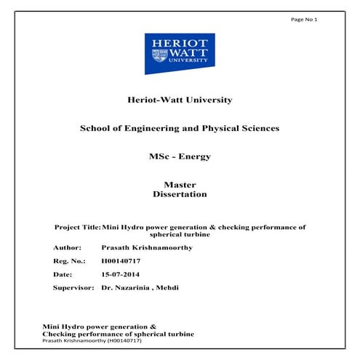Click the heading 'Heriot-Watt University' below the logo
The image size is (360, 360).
[x=180, y=100]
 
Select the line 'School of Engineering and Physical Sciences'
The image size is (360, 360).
[x=180, y=128]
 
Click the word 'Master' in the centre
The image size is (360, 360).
[x=180, y=185]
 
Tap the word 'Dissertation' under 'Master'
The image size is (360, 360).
[x=180, y=194]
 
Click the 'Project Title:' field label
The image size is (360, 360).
[x=77, y=227]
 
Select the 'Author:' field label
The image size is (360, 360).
[x=68, y=247]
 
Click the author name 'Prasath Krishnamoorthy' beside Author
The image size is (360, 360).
[x=145, y=247]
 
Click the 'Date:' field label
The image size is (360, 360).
[x=64, y=274]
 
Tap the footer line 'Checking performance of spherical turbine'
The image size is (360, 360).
[x=119, y=334]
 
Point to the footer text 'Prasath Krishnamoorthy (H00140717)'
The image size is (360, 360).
[x=91, y=340]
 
